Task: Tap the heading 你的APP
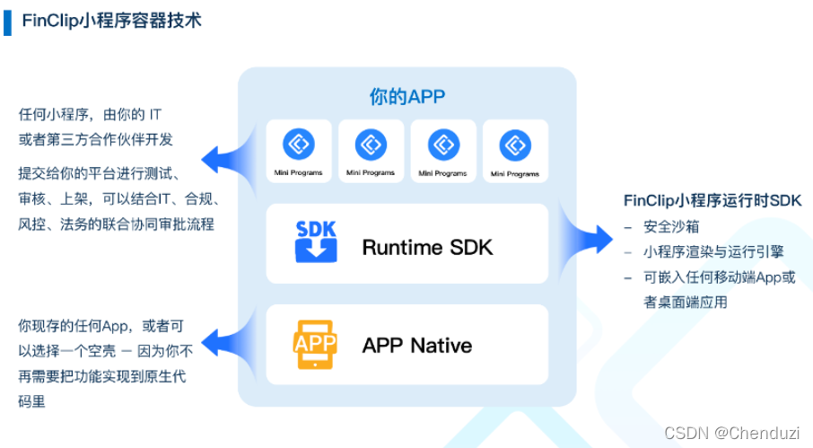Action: click(x=406, y=97)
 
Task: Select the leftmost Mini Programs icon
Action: click(x=298, y=145)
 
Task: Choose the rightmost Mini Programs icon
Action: click(x=516, y=145)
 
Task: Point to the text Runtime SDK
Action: click(x=427, y=247)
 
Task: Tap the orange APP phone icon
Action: click(x=315, y=345)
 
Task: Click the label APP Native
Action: click(x=416, y=346)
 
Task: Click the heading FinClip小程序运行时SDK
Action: click(x=712, y=200)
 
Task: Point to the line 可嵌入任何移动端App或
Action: click(x=719, y=277)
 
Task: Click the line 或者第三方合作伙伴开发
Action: click(x=96, y=139)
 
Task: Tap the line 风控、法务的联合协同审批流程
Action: click(x=117, y=224)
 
